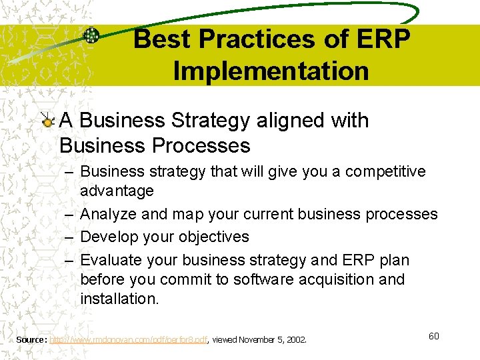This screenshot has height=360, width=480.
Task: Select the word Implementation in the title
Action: click(271, 71)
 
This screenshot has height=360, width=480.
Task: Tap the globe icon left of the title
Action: click(91, 36)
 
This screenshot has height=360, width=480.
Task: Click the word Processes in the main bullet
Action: click(201, 145)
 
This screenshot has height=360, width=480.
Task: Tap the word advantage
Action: click(117, 191)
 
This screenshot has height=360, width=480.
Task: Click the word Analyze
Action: click(109, 215)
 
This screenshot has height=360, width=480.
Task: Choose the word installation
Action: click(119, 299)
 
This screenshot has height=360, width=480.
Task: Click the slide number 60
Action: click(433, 336)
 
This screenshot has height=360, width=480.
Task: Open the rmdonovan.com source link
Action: click(129, 340)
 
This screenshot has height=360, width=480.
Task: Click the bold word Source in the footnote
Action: click(31, 340)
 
